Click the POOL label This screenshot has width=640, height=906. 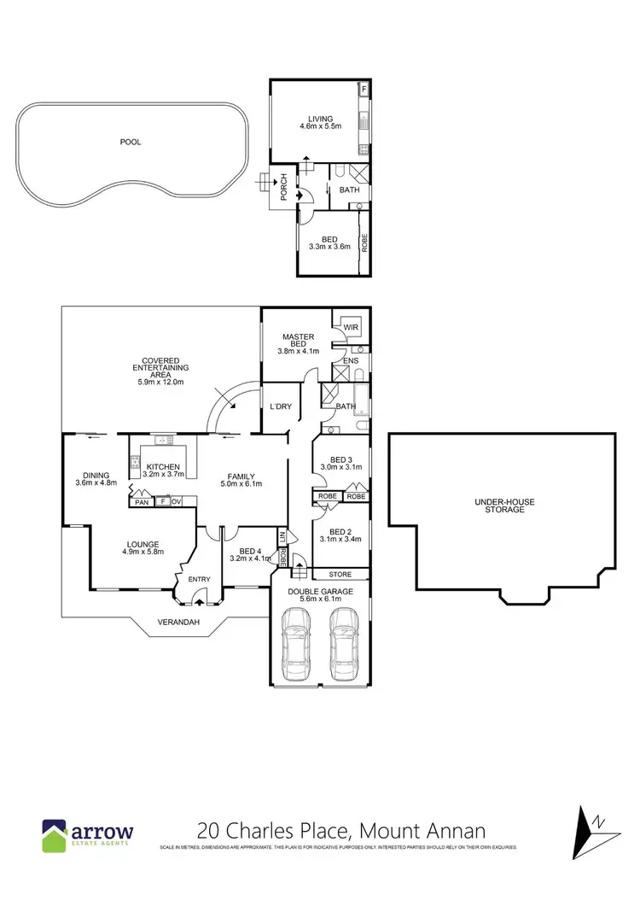[x=131, y=143]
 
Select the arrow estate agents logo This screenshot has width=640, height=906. [x=88, y=833]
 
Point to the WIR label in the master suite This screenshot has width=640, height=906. [x=350, y=327]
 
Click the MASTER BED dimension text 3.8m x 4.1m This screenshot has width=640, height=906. [x=298, y=351]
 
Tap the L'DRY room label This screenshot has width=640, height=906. [x=281, y=406]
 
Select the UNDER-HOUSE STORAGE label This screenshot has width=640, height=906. [x=505, y=506]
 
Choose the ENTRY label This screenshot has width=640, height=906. [x=199, y=580]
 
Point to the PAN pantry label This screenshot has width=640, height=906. [x=141, y=502]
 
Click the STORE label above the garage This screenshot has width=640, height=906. [x=339, y=575]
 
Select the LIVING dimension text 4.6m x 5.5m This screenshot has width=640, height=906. [x=320, y=126]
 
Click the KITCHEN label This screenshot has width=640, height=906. [x=163, y=466]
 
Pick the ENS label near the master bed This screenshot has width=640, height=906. [x=351, y=362]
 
